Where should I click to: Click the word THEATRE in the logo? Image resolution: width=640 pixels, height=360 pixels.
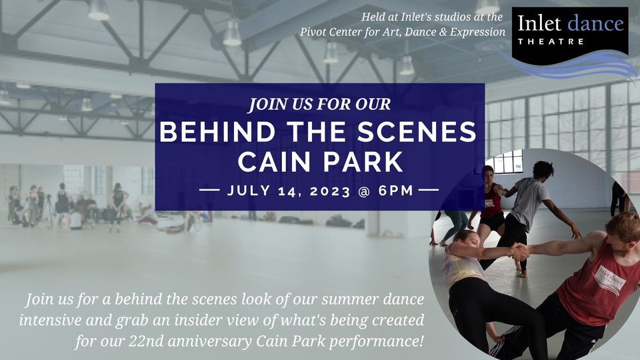(x=551, y=41)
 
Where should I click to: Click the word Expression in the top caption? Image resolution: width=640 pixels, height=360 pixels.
(x=476, y=32)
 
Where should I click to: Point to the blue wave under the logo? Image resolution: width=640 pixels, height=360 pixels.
(x=573, y=65)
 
